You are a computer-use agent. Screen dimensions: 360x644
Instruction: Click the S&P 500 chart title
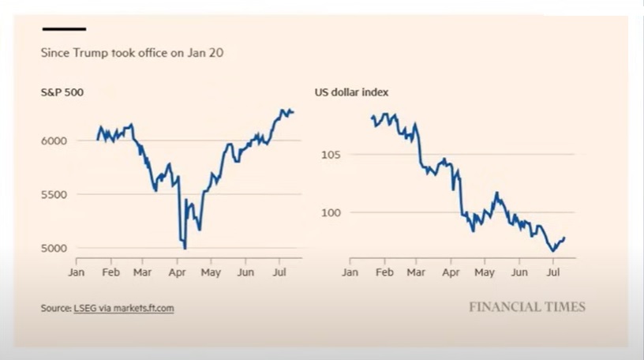point(62,92)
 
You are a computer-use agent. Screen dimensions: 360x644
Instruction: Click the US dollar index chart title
point(351,92)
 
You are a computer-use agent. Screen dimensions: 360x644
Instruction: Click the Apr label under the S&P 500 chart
point(177,272)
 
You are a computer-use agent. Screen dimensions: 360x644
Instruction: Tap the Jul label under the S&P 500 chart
point(279,272)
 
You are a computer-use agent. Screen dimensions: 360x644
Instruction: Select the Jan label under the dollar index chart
point(350,272)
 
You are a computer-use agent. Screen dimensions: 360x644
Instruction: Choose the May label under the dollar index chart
point(485,272)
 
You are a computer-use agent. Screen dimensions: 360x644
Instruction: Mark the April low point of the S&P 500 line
point(185,249)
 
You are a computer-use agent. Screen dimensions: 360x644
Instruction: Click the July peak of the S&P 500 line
point(283,110)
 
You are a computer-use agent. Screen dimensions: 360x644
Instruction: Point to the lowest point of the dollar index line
point(553,251)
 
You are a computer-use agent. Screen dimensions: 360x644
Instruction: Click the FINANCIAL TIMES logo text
point(527,306)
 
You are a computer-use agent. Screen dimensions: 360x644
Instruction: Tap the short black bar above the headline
point(63,29)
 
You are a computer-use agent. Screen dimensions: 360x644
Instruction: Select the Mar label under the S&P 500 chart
point(142,272)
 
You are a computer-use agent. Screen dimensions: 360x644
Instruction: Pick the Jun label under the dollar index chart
point(519,272)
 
